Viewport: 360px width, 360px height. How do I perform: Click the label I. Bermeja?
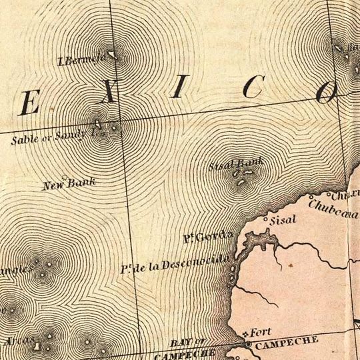point(82,62)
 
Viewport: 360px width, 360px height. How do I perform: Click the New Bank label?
point(69,183)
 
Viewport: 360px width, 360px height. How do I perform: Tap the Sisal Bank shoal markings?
point(241,177)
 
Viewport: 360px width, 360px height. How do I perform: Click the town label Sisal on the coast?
point(284,219)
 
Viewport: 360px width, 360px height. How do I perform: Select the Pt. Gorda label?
point(208,237)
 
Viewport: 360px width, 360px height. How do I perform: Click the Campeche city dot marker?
point(249,344)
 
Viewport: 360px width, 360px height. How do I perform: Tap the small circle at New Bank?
point(65,177)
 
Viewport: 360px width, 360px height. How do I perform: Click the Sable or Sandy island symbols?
point(107,125)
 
